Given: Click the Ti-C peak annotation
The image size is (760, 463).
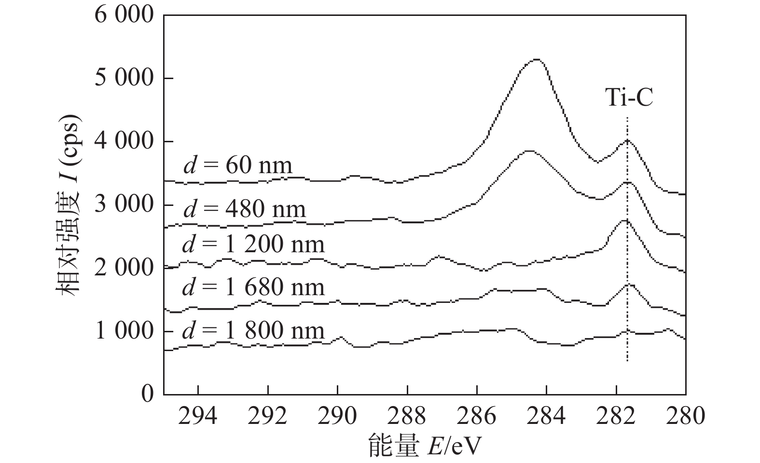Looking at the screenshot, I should (629, 98).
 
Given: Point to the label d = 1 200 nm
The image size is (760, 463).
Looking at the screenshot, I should (254, 245).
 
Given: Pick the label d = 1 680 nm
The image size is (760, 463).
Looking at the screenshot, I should (254, 288).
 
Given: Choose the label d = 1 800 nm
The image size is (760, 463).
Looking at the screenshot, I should (254, 331).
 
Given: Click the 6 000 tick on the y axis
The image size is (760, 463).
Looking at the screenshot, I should (124, 15).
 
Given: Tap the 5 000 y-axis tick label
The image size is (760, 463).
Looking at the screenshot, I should (124, 79).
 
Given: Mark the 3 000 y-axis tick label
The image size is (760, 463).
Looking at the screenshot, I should (124, 205).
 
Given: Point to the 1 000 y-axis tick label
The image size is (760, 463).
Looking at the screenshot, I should (124, 332).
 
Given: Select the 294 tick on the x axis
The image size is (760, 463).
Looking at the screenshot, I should (198, 416).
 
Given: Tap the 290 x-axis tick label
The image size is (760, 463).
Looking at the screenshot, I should (337, 416).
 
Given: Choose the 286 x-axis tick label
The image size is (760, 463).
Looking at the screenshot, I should (477, 416).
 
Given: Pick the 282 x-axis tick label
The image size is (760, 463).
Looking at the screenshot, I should (616, 416).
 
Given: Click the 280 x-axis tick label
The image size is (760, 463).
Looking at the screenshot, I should (685, 416).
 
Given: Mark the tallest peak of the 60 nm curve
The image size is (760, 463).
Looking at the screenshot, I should (537, 60).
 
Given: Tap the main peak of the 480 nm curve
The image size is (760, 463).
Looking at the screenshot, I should (529, 151).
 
